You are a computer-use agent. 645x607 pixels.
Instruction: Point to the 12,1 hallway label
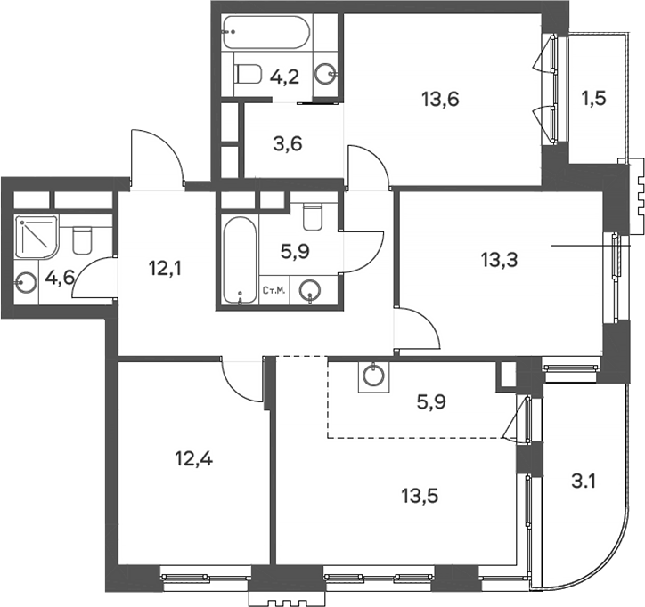coord(167,265)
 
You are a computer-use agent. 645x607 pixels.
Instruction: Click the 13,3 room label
coord(498,260)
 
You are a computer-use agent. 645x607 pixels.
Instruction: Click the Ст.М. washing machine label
coord(274,289)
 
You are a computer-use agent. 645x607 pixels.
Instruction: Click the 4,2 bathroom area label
coord(285,77)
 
